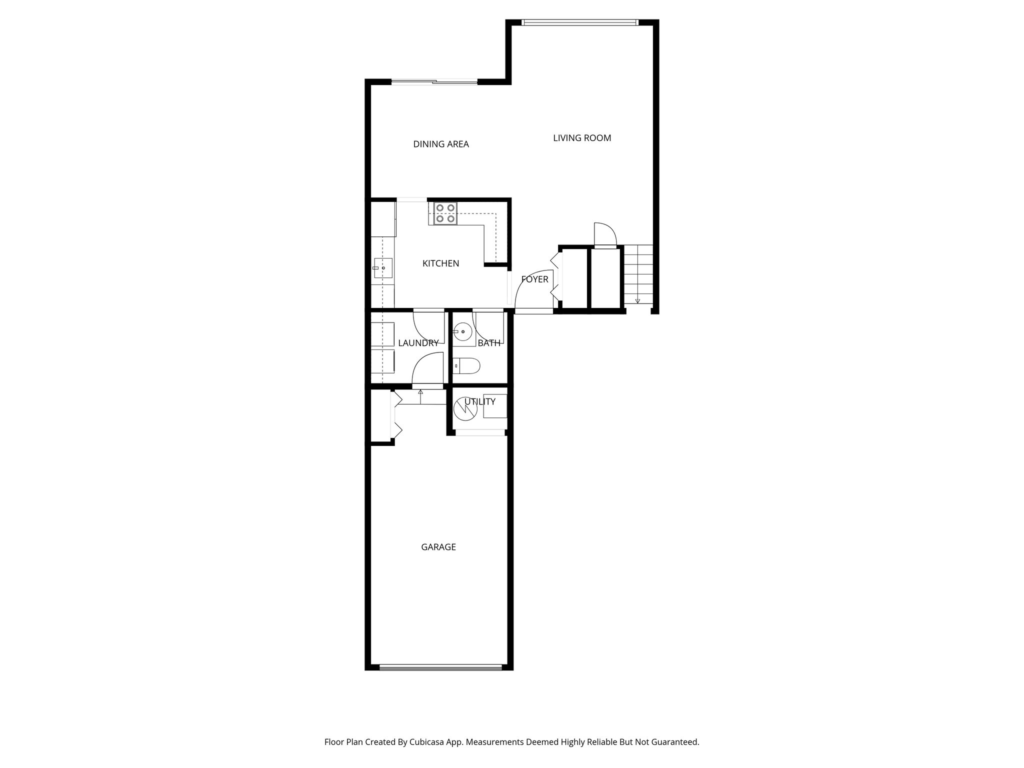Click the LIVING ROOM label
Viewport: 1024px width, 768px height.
point(582,138)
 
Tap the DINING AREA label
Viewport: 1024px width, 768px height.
point(441,144)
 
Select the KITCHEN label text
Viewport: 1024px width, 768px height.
point(440,263)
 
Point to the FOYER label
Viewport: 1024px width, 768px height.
point(534,279)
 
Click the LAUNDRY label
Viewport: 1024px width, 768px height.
point(418,343)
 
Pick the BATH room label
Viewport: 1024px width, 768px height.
point(488,343)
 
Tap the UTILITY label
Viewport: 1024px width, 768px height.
point(480,401)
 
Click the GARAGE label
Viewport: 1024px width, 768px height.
point(438,547)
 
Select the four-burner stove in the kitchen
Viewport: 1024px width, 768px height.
point(445,213)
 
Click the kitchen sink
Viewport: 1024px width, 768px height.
point(382,268)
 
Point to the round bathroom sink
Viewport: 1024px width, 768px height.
point(463,331)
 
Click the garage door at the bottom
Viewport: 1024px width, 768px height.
point(440,667)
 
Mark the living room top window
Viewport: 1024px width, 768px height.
point(580,22)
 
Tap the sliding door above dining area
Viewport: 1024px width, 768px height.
point(434,82)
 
